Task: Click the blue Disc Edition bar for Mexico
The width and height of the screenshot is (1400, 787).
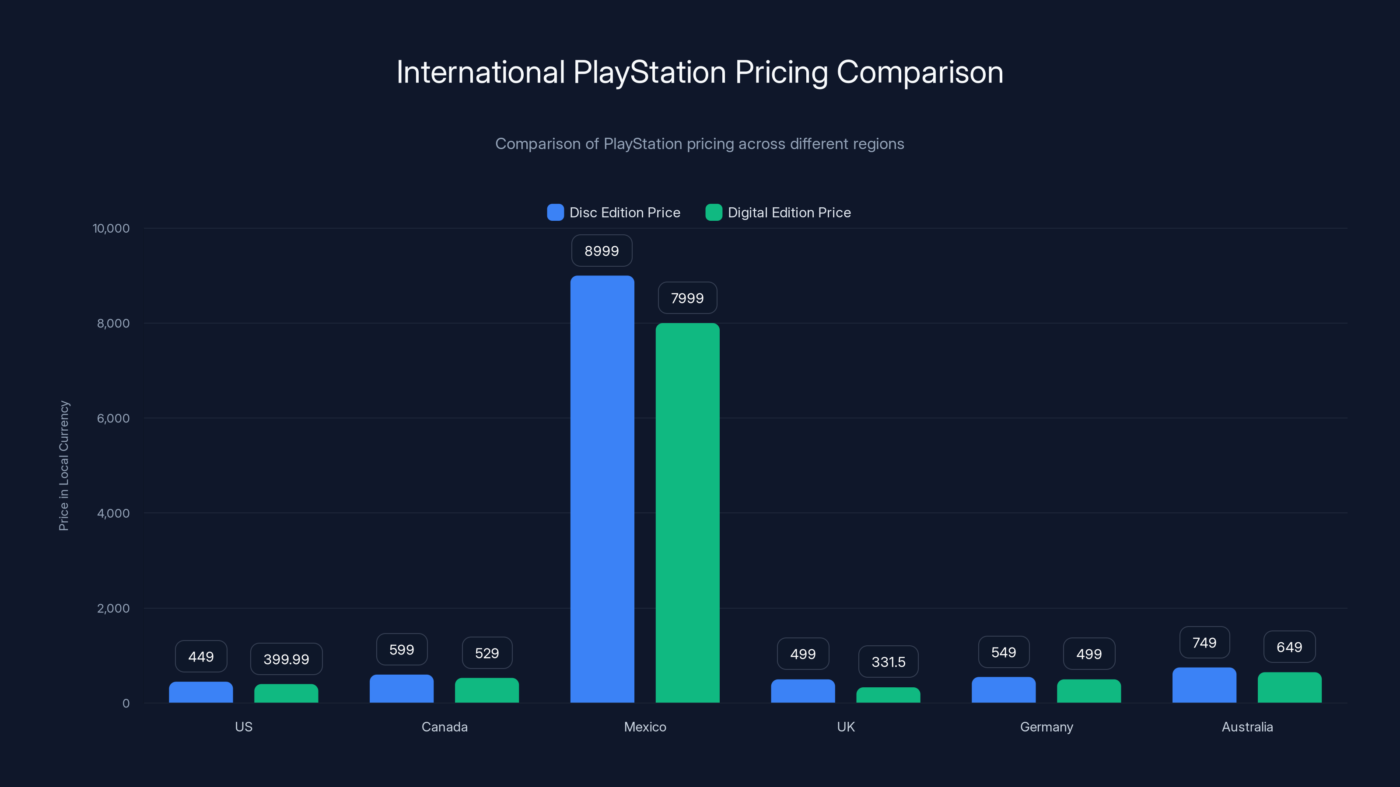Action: pos(602,489)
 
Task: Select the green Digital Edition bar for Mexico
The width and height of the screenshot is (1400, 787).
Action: pos(687,513)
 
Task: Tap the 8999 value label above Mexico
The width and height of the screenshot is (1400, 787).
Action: pos(602,251)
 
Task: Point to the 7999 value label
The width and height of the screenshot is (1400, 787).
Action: pos(687,298)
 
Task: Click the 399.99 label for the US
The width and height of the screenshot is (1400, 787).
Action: pos(287,659)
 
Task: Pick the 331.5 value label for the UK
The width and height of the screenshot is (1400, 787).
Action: pos(888,662)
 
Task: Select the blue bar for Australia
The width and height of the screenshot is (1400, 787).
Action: pos(1204,686)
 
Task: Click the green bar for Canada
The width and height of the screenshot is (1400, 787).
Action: pos(487,690)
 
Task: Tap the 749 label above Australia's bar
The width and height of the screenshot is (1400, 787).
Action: pos(1204,643)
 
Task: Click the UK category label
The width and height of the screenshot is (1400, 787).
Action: pos(846,727)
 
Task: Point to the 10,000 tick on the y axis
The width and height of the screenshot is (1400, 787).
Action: pos(112,229)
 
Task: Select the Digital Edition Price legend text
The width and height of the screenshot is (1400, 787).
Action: pos(789,212)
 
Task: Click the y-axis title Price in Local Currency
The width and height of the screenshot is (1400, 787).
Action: pos(64,466)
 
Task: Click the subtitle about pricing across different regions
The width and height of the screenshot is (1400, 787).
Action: pos(700,144)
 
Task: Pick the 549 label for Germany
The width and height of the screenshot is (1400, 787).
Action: pos(1003,652)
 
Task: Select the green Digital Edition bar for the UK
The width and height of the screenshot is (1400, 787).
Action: pos(888,695)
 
